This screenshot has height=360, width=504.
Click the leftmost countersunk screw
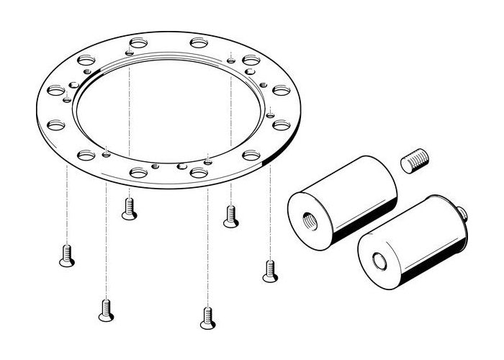click(66, 253)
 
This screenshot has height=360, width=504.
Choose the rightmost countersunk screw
click(270, 269)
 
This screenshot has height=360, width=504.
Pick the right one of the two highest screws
click(230, 216)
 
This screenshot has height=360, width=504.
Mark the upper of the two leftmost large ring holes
click(55, 91)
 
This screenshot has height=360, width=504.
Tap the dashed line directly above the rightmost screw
click(270, 216)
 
